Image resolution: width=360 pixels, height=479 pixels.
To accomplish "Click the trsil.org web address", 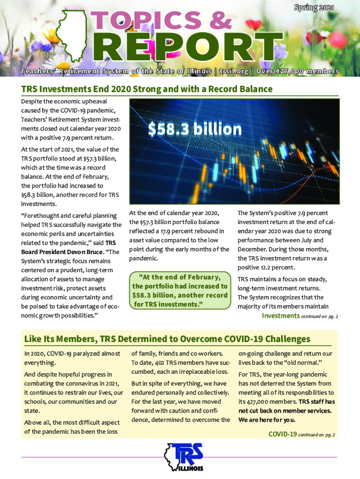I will [232, 72].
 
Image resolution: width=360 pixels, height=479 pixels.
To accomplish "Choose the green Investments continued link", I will [281, 316].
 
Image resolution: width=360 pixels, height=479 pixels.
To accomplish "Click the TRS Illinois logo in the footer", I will [184, 457].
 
